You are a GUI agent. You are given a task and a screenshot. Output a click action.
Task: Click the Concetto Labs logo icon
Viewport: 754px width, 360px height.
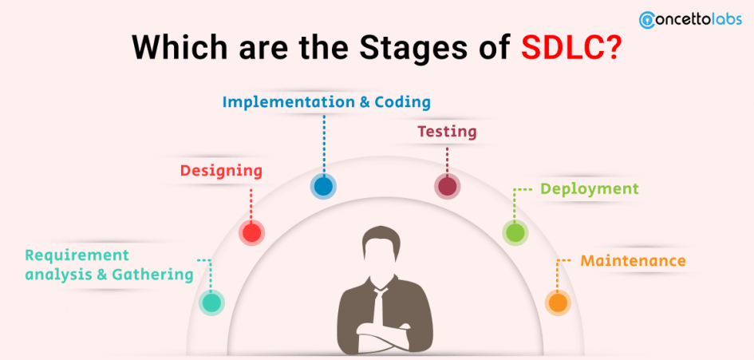pos(648,19)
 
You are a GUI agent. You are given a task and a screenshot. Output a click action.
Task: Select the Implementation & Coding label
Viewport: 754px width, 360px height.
pos(326,102)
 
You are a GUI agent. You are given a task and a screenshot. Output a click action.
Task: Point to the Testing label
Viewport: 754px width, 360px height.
pos(447,132)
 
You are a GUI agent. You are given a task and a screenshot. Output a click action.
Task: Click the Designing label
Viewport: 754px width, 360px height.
pos(221,172)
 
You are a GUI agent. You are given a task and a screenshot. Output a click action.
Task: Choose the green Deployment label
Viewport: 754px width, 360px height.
pos(590,188)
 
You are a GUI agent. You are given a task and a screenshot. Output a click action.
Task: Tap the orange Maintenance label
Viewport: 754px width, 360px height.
pos(633,261)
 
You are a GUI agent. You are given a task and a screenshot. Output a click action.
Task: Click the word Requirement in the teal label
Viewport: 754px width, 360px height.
pos(77,255)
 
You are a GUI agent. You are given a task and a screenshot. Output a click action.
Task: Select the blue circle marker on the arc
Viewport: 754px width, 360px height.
pos(323,186)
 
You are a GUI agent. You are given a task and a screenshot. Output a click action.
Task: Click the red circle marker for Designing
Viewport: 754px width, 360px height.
pos(252,233)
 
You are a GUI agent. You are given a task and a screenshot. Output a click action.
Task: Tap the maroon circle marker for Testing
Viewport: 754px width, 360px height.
pos(447,186)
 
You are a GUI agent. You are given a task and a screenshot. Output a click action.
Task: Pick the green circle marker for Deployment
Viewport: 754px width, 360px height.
pos(515,233)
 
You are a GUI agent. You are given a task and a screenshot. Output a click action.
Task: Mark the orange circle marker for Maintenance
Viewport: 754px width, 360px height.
pos(558,303)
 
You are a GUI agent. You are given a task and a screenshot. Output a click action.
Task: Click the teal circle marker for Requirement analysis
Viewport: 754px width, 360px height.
pos(211,303)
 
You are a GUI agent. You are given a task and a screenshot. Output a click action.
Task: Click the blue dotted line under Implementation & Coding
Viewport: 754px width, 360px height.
pos(324,144)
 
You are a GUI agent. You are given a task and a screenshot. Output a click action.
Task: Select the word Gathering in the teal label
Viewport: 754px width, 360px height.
pos(152,275)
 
